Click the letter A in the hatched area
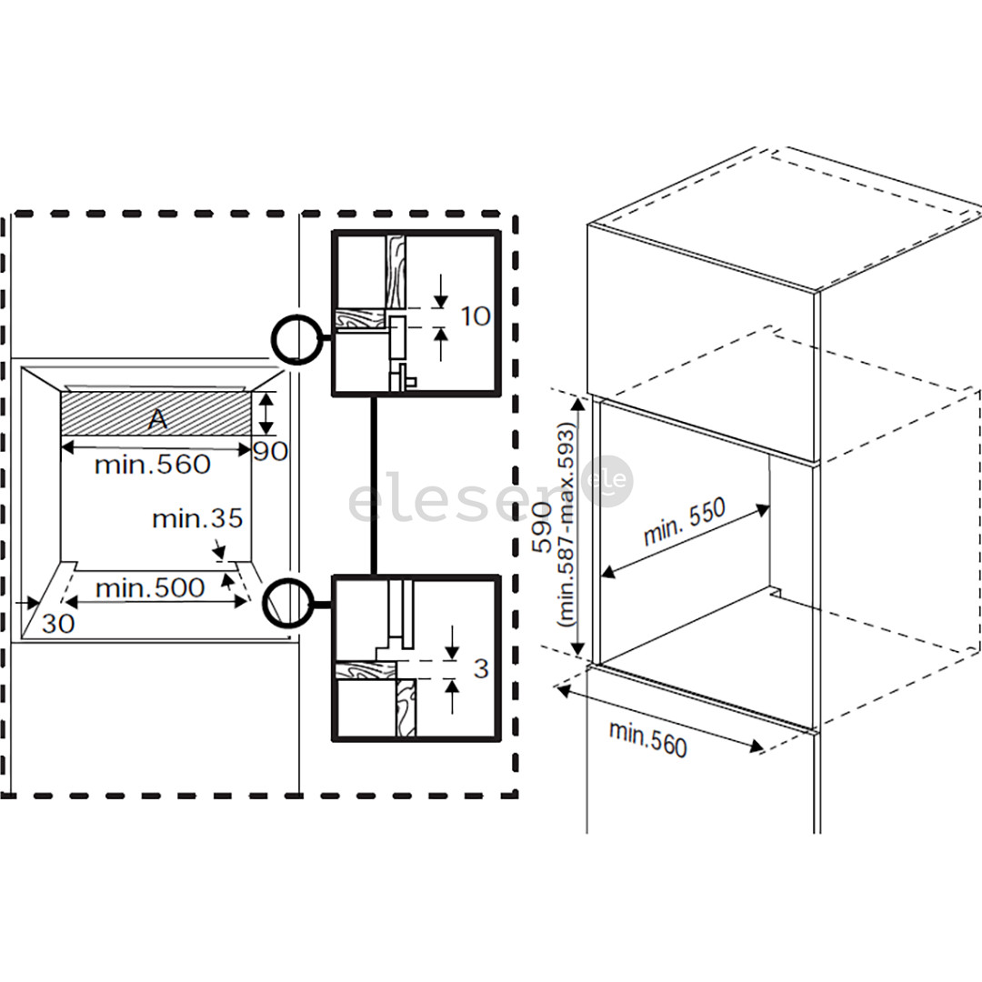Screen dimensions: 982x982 pyautogui.click(x=157, y=418)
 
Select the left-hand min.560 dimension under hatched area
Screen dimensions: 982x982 pyautogui.click(x=152, y=465)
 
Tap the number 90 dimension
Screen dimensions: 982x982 pyautogui.click(x=270, y=451)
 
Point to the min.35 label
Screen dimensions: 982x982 pyautogui.click(x=197, y=519)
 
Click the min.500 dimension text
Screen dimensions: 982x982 pyautogui.click(x=150, y=588)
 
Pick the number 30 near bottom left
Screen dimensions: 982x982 pyautogui.click(x=57, y=625)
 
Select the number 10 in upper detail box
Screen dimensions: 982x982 pyautogui.click(x=475, y=316)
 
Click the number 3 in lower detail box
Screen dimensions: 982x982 pyautogui.click(x=481, y=669)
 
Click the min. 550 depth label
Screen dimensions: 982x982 pyautogui.click(x=685, y=522)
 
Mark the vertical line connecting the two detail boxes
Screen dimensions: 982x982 pyautogui.click(x=373, y=486)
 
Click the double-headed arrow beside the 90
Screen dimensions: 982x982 pyautogui.click(x=265, y=414)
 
